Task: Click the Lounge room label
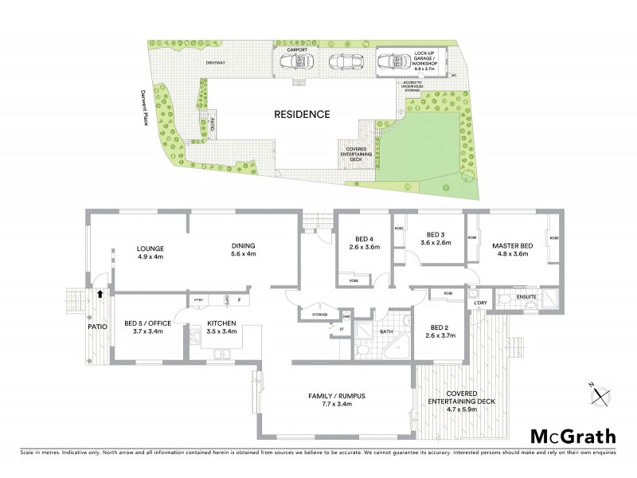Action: click(150, 252)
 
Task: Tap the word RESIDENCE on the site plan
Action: click(302, 114)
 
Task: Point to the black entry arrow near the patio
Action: click(99, 294)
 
